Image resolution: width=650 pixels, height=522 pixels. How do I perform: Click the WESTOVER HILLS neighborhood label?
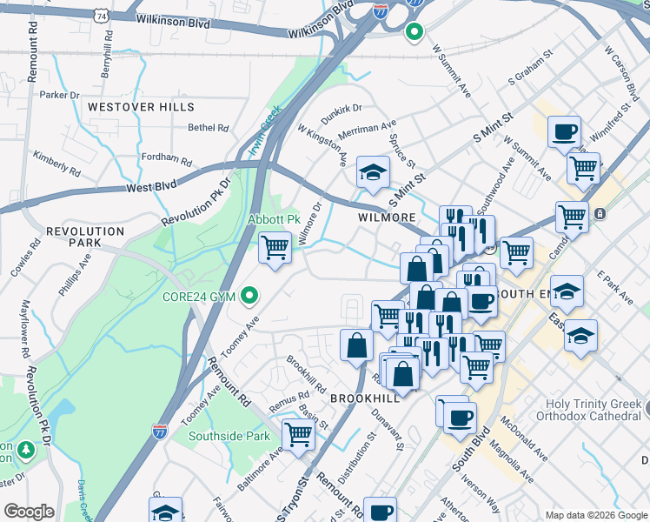coord(140,106)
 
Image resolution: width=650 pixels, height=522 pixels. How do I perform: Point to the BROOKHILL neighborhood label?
coord(364,397)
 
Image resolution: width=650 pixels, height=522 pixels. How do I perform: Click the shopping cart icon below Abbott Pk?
coord(275,248)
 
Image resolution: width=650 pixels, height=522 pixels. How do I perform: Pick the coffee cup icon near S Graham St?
coord(564,131)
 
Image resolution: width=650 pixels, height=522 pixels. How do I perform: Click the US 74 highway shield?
coord(103,16)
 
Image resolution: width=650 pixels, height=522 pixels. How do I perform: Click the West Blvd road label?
coord(150,186)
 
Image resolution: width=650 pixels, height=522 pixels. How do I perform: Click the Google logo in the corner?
coord(29,511)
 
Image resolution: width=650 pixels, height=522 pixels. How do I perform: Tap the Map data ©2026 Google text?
coord(595,514)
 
